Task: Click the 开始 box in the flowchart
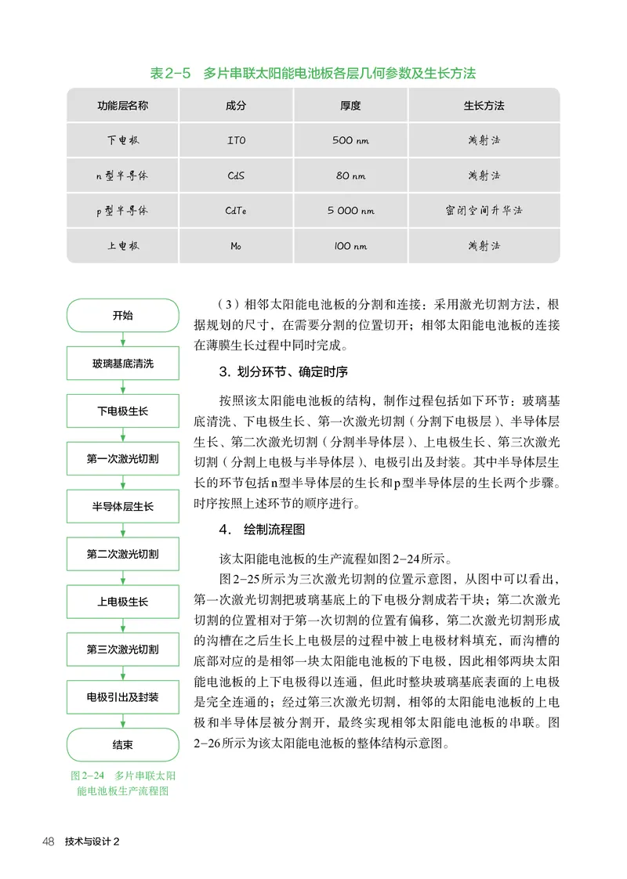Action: click(x=122, y=316)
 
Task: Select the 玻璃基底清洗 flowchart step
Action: click(x=122, y=364)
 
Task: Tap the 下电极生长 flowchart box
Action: click(x=122, y=411)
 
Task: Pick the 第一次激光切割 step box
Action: click(x=122, y=458)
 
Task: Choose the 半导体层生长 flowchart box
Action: click(x=122, y=506)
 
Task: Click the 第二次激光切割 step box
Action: click(x=122, y=554)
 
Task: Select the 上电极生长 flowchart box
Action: click(x=122, y=602)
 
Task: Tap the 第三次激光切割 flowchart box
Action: click(x=122, y=649)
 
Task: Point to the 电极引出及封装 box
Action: click(x=122, y=696)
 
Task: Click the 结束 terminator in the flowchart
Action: click(x=122, y=744)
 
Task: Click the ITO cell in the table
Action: click(x=236, y=141)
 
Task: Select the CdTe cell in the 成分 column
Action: click(x=236, y=211)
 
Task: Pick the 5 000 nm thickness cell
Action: click(x=350, y=211)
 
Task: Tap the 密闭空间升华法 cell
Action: click(x=484, y=211)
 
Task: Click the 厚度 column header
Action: click(x=350, y=105)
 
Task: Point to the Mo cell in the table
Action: click(x=236, y=246)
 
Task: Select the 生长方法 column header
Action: click(x=484, y=105)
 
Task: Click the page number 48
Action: click(x=48, y=841)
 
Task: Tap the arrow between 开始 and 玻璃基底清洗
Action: click(x=122, y=340)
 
